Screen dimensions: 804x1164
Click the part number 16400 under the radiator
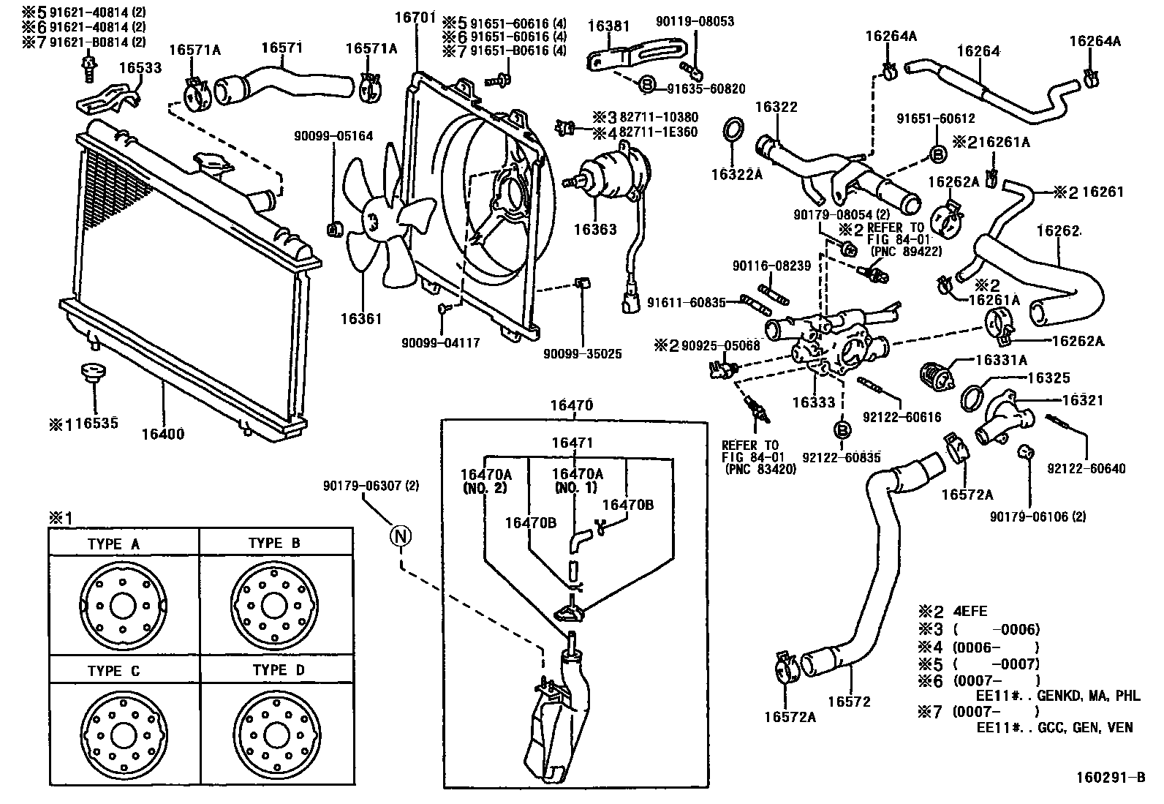pos(162,434)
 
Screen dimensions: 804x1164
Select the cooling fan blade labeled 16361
pos(381,223)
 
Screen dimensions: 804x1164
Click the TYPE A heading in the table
pos(113,544)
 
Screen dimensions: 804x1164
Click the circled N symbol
pos(400,536)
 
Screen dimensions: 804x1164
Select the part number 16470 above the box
pos(571,405)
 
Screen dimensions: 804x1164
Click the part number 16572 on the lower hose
pos(850,702)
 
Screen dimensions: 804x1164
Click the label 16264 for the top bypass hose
pos(978,51)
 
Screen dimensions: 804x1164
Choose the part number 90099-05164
pos(333,136)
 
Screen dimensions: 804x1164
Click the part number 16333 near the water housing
pos(813,402)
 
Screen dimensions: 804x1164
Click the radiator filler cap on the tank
pos(209,162)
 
